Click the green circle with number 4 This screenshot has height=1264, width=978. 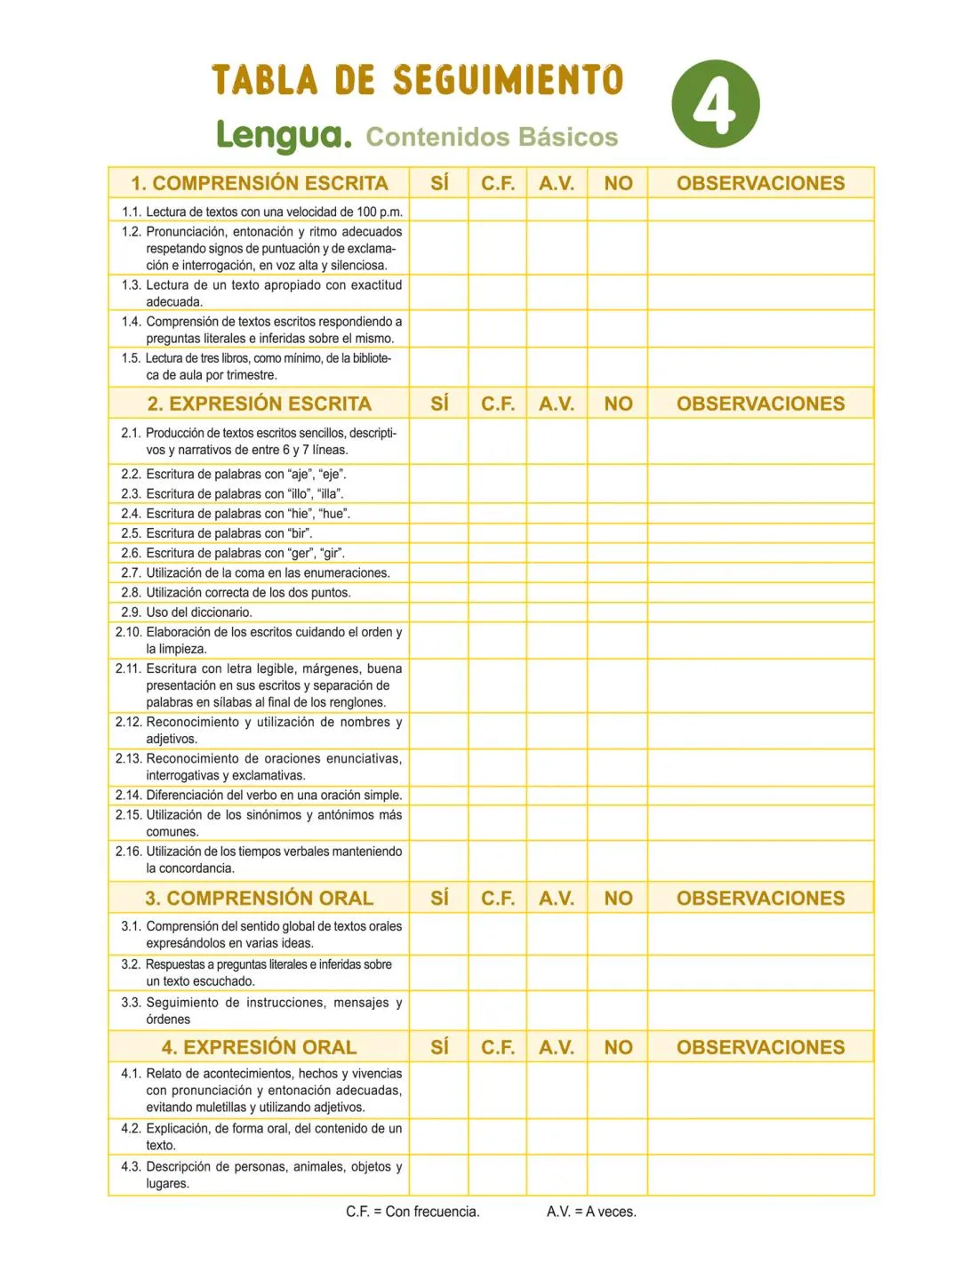716,104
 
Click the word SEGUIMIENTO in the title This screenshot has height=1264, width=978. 508,80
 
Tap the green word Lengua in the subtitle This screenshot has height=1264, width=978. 284,135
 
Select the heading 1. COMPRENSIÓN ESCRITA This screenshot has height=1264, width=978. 259,183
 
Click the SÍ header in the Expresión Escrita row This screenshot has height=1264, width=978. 439,404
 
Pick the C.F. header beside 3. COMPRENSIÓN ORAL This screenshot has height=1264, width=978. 498,898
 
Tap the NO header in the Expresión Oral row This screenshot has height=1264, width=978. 618,1047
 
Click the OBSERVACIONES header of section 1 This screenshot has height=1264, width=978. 760,183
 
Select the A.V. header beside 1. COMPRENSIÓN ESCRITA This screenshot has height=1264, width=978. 557,183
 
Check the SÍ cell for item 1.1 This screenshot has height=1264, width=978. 439,211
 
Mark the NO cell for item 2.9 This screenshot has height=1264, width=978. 618,612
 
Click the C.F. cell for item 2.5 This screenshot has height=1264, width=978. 498,533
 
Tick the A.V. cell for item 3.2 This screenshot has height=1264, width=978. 557,972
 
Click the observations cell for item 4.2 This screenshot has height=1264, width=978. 760,1137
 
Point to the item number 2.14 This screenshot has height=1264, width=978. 128,796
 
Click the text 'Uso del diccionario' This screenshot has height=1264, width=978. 199,612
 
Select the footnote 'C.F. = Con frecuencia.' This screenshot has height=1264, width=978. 413,1212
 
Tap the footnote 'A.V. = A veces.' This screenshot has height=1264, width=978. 591,1212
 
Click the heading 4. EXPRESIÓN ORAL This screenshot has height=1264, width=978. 259,1047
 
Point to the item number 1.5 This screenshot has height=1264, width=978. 131,358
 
